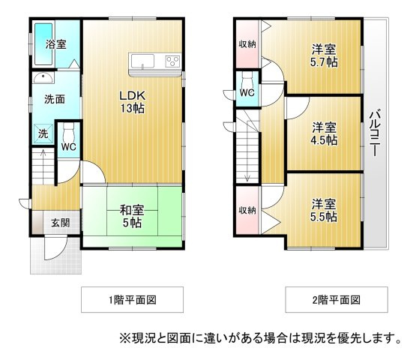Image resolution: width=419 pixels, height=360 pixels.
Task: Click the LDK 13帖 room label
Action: pyautogui.click(x=132, y=102)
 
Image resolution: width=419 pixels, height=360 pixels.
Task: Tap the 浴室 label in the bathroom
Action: pyautogui.click(x=55, y=44)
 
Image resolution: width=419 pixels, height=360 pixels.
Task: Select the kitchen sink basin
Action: pyautogui.click(x=142, y=61)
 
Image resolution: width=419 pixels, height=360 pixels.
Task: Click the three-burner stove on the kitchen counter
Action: pyautogui.click(x=172, y=61)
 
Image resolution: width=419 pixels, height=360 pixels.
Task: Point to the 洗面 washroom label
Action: pyautogui.click(x=55, y=99)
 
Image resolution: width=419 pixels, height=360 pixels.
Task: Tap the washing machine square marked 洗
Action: pyautogui.click(x=43, y=133)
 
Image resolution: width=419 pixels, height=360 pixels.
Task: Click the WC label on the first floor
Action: pyautogui.click(x=68, y=146)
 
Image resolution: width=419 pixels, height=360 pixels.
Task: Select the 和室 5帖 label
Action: pyautogui.click(x=132, y=216)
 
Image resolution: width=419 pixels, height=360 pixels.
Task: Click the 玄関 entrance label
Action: pyautogui.click(x=61, y=223)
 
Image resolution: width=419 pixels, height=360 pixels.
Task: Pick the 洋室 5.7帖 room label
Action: pyautogui.click(x=324, y=55)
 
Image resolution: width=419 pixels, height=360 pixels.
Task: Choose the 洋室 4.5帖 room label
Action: pyautogui.click(x=324, y=133)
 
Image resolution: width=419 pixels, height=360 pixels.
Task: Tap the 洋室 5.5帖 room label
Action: pyautogui.click(x=324, y=211)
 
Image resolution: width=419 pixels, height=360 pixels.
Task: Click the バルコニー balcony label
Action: pyautogui.click(x=375, y=133)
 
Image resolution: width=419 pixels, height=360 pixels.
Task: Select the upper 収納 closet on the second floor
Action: pyautogui.click(x=247, y=43)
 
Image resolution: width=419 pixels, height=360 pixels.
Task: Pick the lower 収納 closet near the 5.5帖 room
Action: pyautogui.click(x=247, y=211)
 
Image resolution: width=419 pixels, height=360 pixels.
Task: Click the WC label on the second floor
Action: pyautogui.click(x=247, y=93)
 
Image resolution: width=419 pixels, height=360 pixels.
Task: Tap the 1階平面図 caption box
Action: pyautogui.click(x=132, y=299)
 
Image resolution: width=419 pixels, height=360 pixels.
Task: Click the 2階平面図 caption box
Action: pyautogui.click(x=337, y=299)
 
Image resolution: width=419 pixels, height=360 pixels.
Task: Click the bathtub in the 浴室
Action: pyautogui.click(x=43, y=43)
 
